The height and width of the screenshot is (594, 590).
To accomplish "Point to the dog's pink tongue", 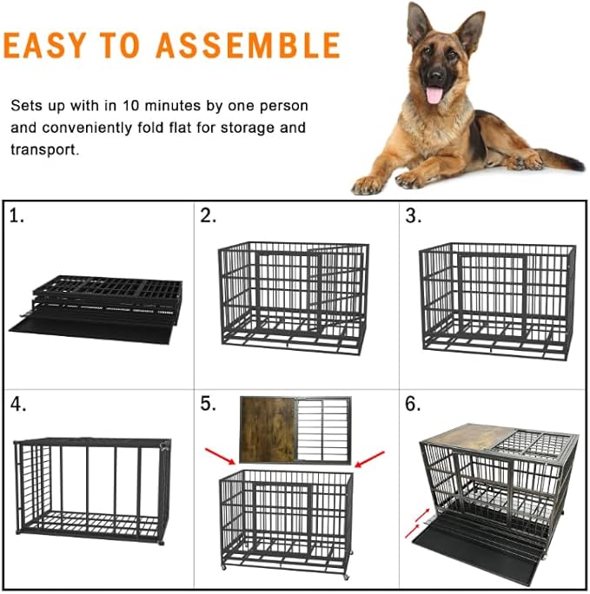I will (434, 93).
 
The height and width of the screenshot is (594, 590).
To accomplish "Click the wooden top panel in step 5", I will (268, 429).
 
